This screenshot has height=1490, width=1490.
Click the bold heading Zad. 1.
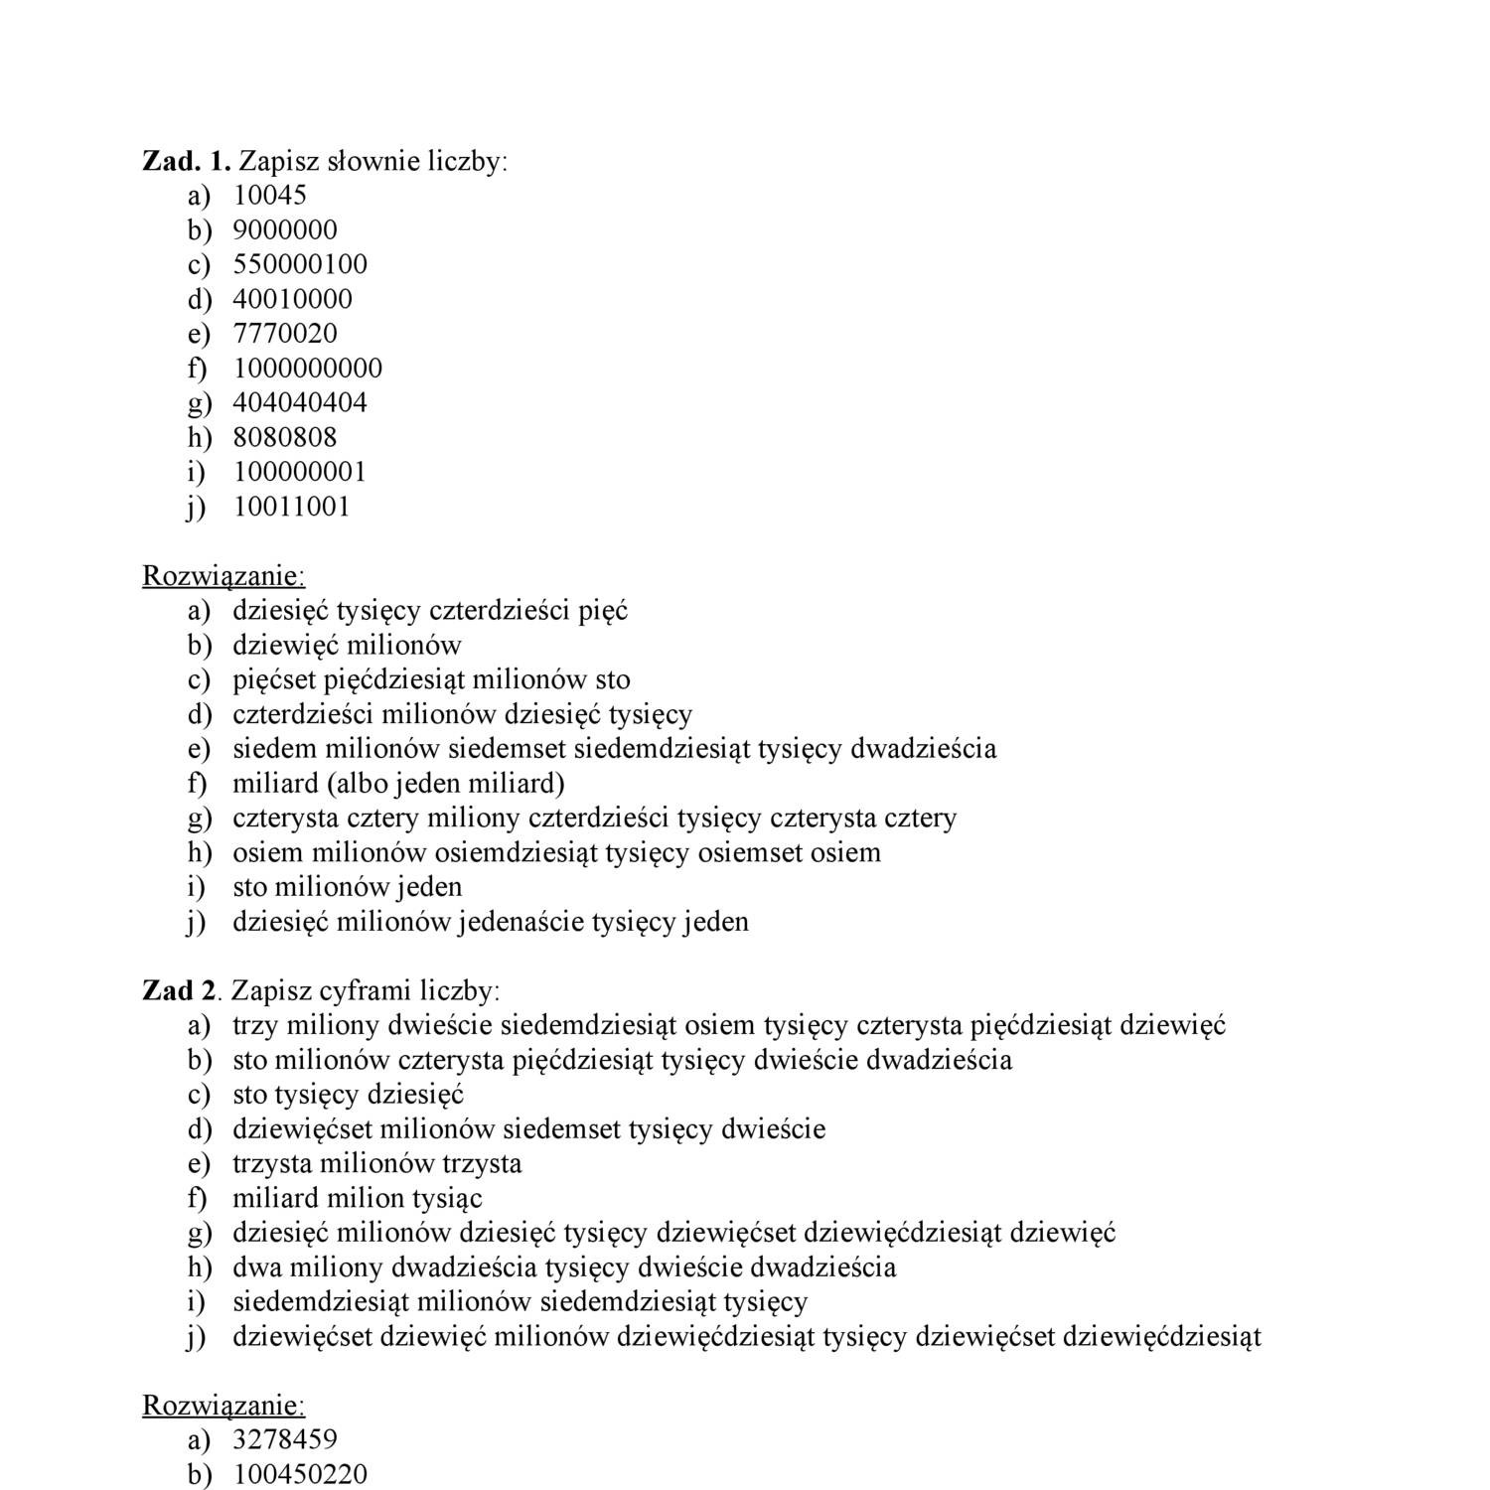coord(187,161)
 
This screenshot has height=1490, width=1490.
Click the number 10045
coord(269,196)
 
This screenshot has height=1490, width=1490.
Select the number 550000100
coord(300,264)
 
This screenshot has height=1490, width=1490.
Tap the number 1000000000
coord(307,369)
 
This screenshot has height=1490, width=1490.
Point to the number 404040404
coord(300,403)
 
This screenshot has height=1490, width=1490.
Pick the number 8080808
coord(284,437)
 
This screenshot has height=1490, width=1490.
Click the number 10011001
coord(291,507)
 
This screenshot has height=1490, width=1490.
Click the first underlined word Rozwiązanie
coord(223,576)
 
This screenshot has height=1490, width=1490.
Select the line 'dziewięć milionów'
coord(347,646)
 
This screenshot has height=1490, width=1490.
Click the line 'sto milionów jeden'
coord(347,887)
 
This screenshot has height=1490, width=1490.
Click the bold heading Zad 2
coord(179,990)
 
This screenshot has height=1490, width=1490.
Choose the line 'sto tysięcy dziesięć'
coord(348,1095)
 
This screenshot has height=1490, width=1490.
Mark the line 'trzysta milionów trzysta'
coord(376,1163)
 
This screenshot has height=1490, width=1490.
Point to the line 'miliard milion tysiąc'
coord(357,1198)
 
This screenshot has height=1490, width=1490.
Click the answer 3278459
coord(284,1439)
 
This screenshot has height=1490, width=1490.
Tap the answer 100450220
coord(300,1474)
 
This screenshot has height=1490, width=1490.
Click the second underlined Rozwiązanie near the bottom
coord(223,1406)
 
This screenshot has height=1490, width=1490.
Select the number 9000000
coord(284,230)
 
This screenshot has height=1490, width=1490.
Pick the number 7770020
coord(284,334)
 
